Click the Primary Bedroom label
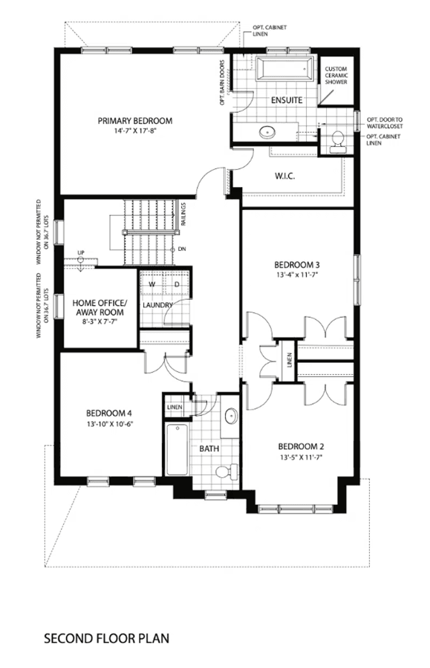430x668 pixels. click(135, 121)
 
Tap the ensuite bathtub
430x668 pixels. click(284, 68)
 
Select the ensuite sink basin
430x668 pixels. click(267, 131)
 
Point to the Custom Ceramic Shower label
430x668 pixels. click(336, 76)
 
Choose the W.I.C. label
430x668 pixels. click(284, 176)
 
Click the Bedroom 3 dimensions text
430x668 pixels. click(297, 275)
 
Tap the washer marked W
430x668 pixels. click(152, 284)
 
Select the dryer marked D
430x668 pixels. click(177, 284)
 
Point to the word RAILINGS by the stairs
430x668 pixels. click(183, 214)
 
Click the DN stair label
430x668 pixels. click(182, 249)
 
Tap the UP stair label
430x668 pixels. click(81, 252)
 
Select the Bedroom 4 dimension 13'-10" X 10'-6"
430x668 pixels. click(108, 424)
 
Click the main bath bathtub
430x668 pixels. click(177, 450)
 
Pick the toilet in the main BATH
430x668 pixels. click(227, 471)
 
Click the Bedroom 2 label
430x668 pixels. click(301, 447)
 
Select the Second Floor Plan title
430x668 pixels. click(106, 638)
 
